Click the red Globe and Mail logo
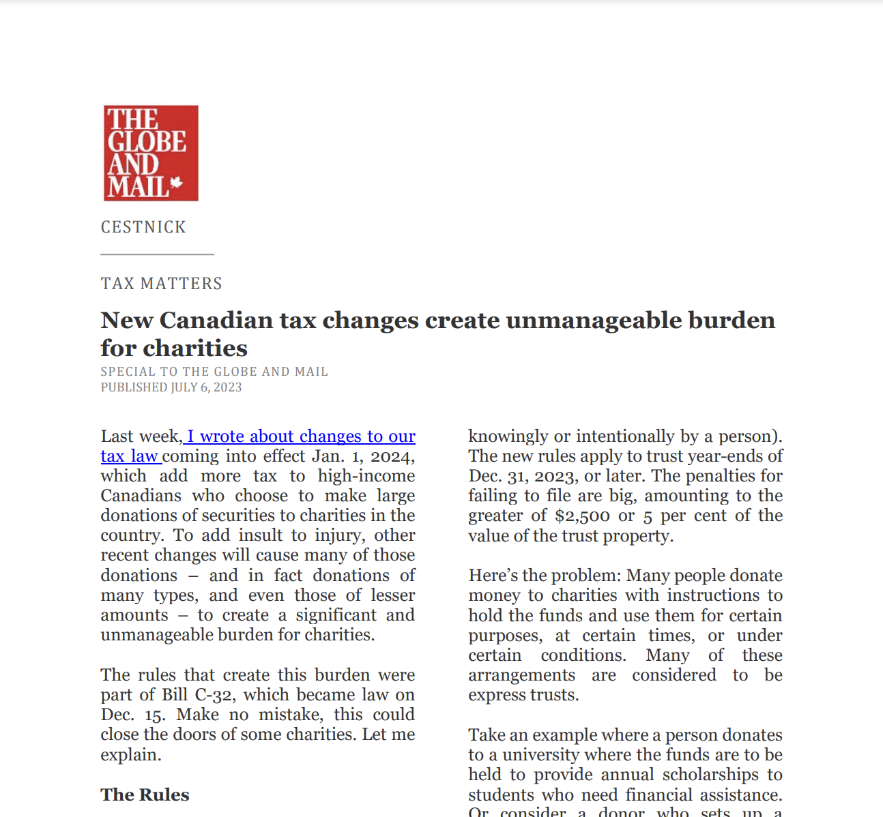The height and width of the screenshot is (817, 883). (x=151, y=153)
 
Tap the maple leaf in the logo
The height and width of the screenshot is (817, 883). (x=177, y=183)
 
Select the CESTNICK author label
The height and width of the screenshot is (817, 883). (x=143, y=227)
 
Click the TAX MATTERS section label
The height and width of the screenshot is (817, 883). (x=162, y=284)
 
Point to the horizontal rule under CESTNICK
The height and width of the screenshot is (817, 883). (x=158, y=254)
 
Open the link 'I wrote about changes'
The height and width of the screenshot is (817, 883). (x=273, y=436)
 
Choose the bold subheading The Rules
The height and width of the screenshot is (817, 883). (x=145, y=795)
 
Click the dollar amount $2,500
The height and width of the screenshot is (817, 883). (x=581, y=516)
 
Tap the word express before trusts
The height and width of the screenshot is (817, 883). (x=495, y=695)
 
